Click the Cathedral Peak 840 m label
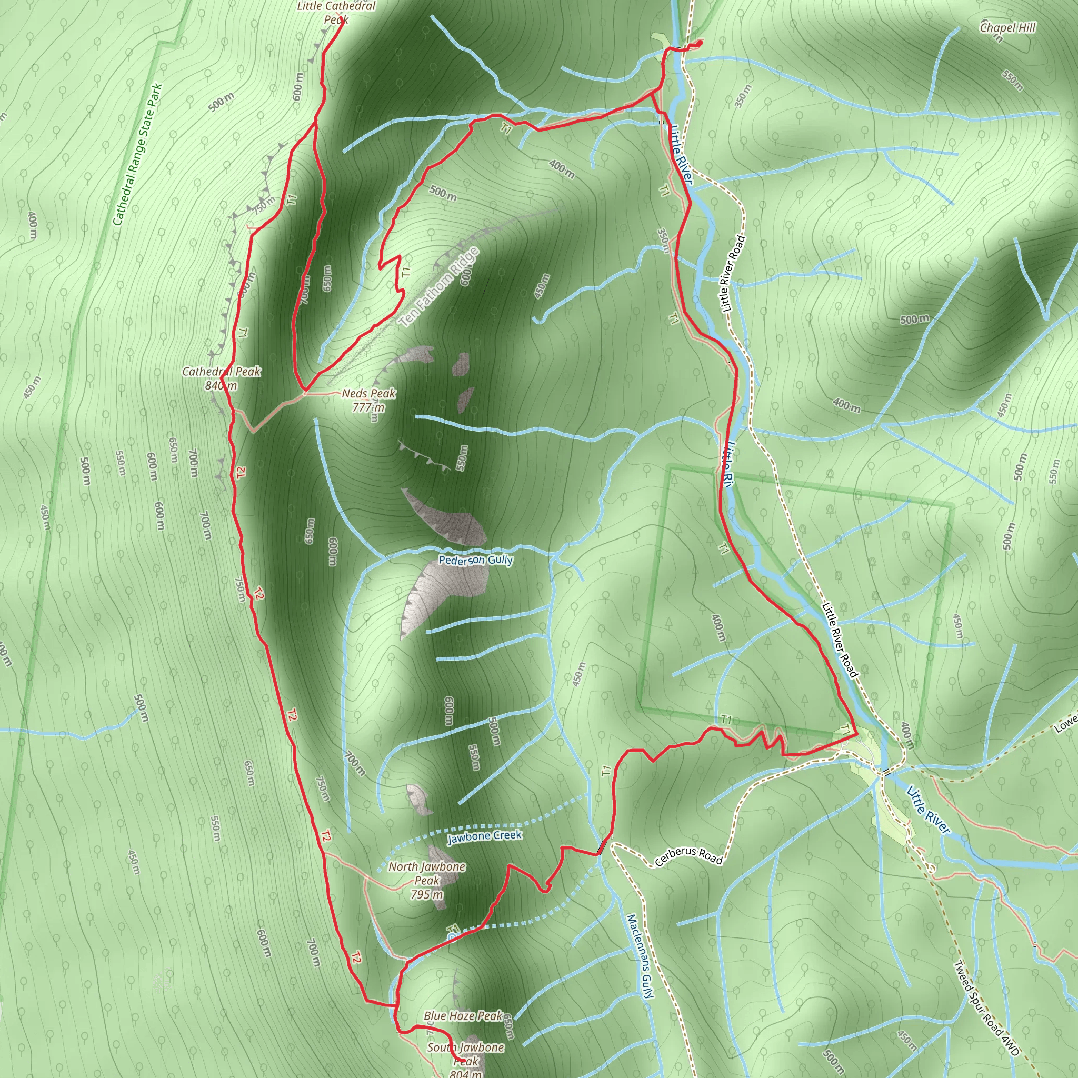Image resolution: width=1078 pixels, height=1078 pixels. [x=222, y=378]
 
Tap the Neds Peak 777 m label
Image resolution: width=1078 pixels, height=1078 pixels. [x=368, y=400]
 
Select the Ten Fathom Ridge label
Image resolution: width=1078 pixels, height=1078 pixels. [x=439, y=287]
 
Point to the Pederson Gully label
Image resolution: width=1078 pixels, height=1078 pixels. [x=475, y=560]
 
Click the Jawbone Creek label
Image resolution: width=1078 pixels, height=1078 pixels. [x=484, y=836]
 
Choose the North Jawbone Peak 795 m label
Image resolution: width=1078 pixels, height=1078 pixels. [x=427, y=880]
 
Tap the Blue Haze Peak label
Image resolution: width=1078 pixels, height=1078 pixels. [x=463, y=1015]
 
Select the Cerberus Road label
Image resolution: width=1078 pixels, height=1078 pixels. [x=688, y=855]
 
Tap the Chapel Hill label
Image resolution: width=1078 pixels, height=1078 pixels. [x=1007, y=28]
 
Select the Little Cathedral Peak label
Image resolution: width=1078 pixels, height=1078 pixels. [x=336, y=12]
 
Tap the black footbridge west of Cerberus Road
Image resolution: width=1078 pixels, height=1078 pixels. [x=602, y=847]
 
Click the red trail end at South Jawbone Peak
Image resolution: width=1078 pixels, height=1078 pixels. [x=464, y=1061]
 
